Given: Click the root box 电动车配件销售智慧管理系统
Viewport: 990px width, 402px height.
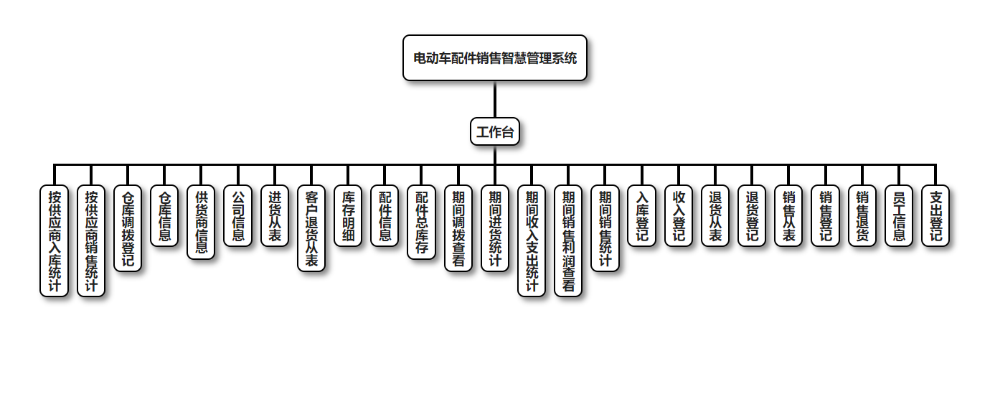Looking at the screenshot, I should coord(495,58).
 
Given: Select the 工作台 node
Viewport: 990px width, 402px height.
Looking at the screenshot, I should coord(495,132).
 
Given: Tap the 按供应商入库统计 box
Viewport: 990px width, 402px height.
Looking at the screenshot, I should coord(55,241).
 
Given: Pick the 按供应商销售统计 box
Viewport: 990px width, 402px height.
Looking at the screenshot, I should coord(91,241).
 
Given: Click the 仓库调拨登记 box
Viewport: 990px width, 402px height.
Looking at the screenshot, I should coord(128,228).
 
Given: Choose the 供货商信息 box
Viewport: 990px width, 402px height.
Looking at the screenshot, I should coord(202,223).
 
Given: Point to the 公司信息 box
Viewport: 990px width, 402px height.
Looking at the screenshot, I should coord(238,216).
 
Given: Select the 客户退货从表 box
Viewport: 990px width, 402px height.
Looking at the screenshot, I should coord(311,228).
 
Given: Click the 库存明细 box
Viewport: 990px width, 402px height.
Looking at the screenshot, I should coord(349,216).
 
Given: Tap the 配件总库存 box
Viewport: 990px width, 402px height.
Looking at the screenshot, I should coord(422,223).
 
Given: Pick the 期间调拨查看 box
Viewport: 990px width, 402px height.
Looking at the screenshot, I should coord(458,228).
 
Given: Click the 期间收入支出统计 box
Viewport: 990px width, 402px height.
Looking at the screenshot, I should coord(532,241).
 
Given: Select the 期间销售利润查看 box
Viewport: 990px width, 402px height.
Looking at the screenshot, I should coord(569,241).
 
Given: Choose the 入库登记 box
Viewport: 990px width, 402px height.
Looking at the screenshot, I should coord(642,216).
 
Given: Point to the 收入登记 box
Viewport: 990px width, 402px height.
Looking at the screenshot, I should coord(679,216).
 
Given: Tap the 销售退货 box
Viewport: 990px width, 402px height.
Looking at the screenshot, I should coord(862,216).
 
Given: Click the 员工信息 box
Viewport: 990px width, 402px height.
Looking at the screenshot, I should coord(899,216).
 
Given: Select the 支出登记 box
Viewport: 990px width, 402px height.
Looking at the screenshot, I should coord(935,216).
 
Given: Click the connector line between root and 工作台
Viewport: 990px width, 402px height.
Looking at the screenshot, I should coord(495,99).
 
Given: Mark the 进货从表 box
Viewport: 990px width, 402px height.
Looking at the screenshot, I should coord(275,216).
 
